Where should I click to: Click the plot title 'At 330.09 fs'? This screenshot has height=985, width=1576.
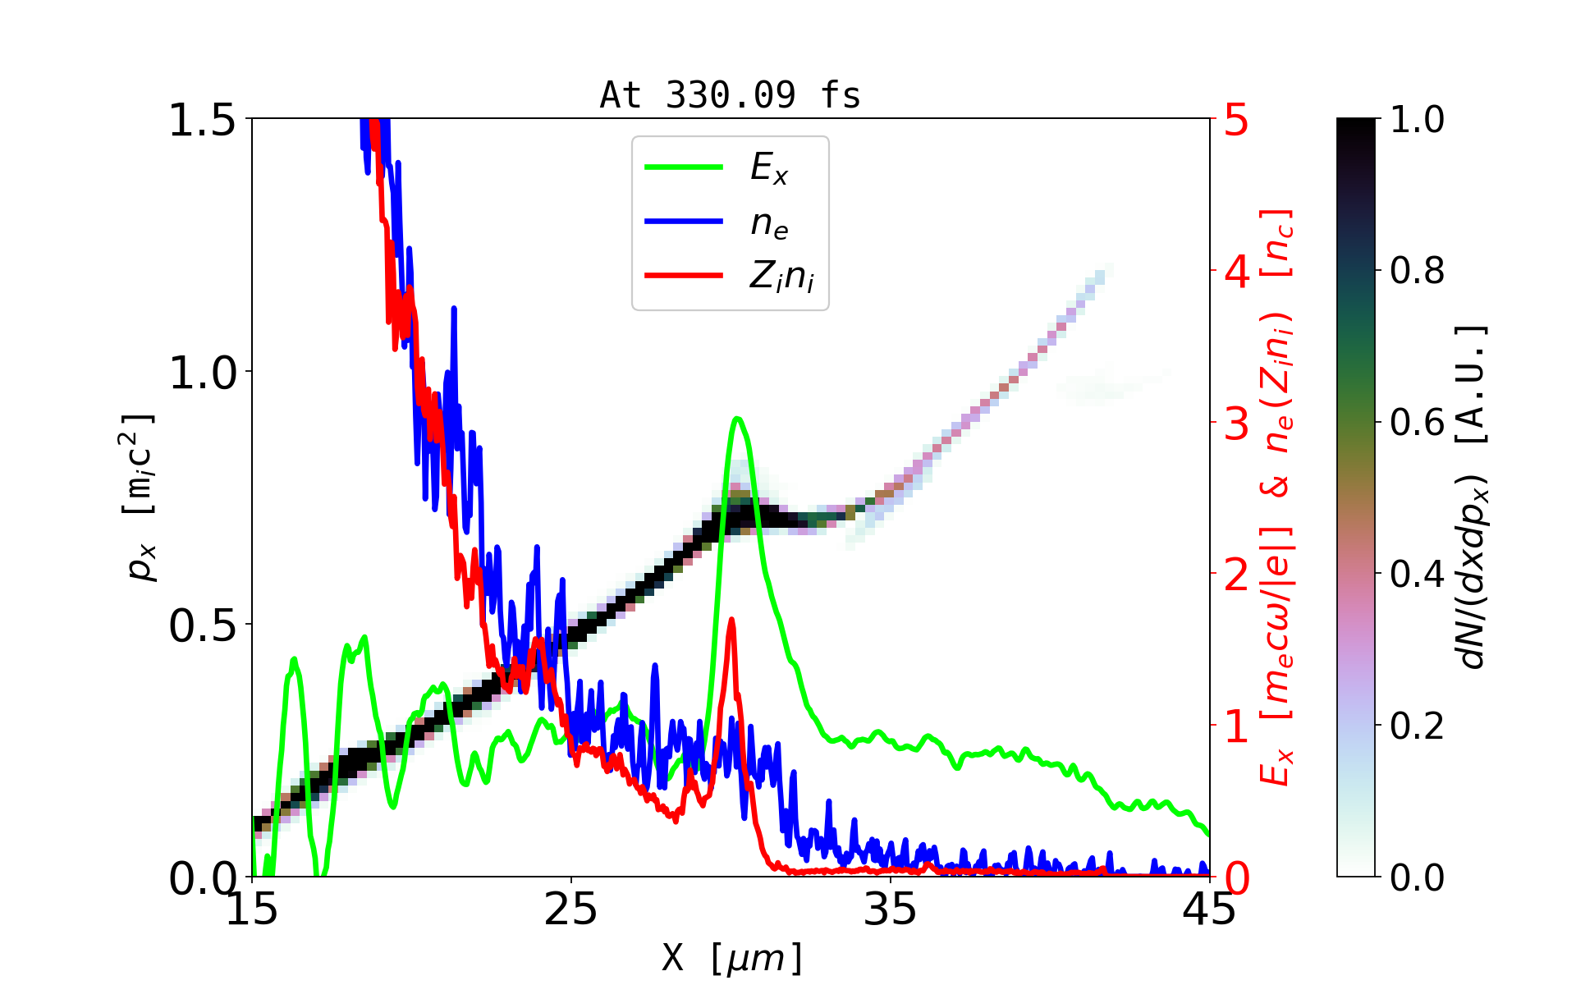coord(730,95)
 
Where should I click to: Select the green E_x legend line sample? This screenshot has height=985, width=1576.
coord(684,167)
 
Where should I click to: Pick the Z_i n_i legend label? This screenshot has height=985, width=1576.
coord(781,277)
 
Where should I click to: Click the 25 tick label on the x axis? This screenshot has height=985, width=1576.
coord(570,909)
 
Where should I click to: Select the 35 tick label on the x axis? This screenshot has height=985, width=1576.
coord(891,909)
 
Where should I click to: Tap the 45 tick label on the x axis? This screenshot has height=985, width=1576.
coord(1210,909)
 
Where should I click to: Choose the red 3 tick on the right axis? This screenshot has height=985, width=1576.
coord(1237,424)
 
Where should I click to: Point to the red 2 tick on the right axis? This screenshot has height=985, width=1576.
coord(1237,575)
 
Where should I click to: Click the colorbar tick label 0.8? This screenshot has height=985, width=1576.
coord(1418,270)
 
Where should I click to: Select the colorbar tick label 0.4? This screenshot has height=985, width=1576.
coord(1418,574)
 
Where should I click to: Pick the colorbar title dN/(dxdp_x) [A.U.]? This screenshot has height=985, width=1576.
coord(1473,497)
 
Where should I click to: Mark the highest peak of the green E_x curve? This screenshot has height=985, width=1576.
coord(738,419)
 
